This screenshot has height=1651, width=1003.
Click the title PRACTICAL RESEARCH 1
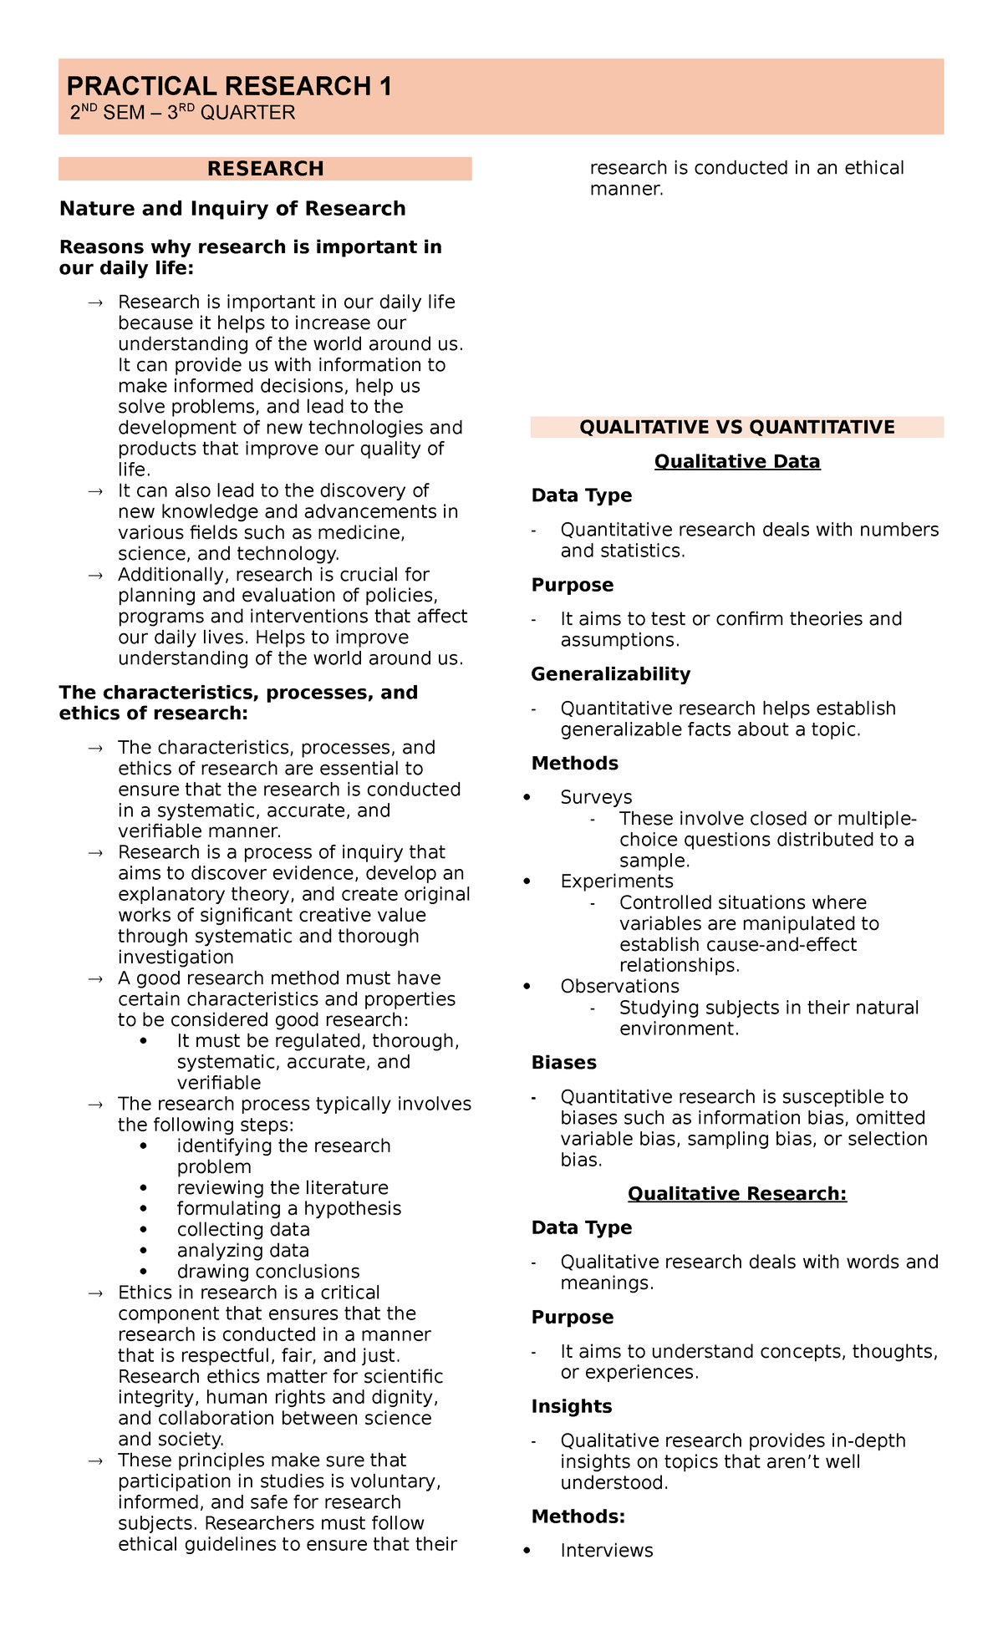click(229, 86)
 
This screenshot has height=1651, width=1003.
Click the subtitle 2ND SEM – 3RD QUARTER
click(182, 113)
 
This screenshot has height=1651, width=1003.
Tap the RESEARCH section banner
click(265, 169)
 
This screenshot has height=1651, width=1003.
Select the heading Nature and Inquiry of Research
click(232, 208)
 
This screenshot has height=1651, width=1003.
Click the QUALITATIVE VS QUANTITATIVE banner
click(736, 427)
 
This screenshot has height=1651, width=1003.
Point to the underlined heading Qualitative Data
click(736, 461)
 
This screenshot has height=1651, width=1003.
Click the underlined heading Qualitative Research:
click(736, 1193)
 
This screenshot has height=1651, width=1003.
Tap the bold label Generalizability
click(610, 673)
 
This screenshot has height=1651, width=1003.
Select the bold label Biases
click(563, 1062)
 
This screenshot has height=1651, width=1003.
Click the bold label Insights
click(571, 1406)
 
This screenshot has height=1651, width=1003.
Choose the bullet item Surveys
click(596, 797)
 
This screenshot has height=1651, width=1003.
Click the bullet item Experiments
click(616, 881)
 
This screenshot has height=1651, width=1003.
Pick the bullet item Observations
click(619, 986)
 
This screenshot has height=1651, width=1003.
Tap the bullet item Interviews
click(606, 1550)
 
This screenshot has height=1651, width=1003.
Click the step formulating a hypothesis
click(288, 1208)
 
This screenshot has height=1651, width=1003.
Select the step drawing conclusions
click(267, 1271)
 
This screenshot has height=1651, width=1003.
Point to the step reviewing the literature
click(282, 1187)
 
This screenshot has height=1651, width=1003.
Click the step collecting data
click(242, 1229)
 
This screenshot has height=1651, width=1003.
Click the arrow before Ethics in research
click(95, 1293)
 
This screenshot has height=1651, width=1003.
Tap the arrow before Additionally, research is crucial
click(95, 575)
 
